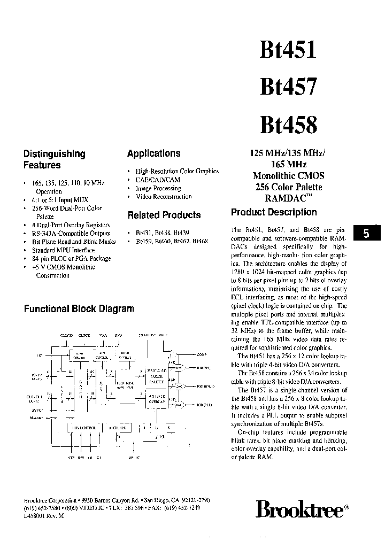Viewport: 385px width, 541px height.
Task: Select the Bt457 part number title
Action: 288,87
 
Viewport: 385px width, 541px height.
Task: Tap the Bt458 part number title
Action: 288,124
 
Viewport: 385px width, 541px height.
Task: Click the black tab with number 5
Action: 366,233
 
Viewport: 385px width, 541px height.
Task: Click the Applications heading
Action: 153,154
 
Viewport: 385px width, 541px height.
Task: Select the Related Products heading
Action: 164,215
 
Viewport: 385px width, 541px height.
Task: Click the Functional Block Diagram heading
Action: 79,308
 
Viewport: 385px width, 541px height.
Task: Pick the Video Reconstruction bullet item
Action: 164,196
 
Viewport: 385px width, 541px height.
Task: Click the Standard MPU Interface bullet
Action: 64,250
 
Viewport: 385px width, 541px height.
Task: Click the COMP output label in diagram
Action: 202,354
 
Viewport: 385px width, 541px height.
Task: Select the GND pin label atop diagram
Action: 118,335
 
